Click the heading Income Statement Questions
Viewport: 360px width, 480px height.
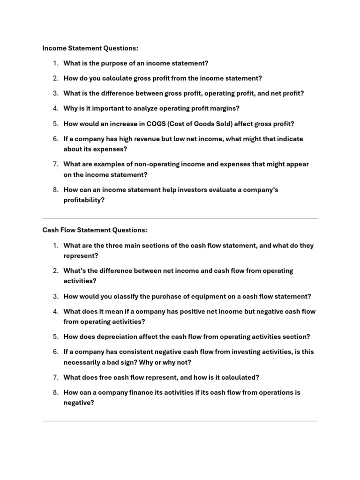(90, 48)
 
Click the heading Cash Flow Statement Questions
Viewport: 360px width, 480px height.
(95, 230)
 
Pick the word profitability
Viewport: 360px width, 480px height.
(83, 200)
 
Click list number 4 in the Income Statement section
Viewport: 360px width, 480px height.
(55, 108)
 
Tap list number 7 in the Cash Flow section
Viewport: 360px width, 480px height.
(55, 377)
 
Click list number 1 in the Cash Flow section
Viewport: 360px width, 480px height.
(55, 246)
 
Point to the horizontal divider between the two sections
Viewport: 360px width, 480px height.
(180, 218)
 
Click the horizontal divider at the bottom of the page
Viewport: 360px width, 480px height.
(180, 421)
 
